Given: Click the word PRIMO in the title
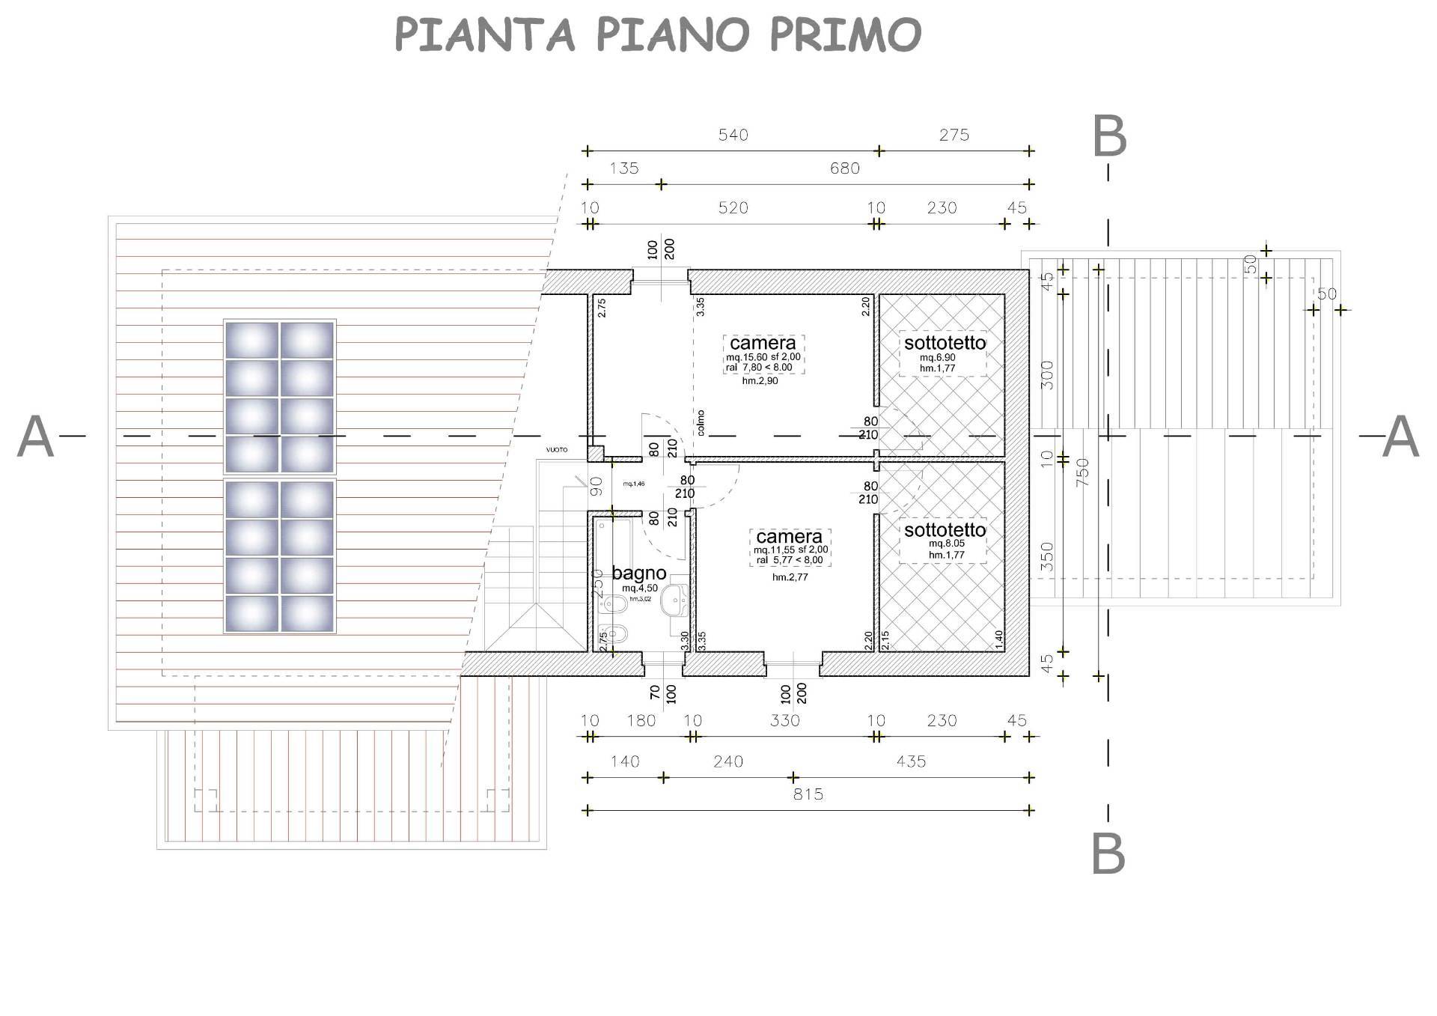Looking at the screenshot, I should pos(846,34).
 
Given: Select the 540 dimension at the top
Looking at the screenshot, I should pos(733,135).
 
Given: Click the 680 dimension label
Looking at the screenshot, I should pos(844,168).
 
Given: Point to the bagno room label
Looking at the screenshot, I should pos(638,574).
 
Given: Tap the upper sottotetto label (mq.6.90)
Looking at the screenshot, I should pos(945,344).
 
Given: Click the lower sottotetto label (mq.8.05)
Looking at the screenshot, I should pos(945,530).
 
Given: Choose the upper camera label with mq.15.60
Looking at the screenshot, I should pos(763,343).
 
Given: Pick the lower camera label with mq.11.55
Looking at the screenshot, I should pos(789,537).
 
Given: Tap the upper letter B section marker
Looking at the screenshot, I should pos(1109,136).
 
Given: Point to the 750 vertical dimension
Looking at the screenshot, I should pos(1082,472).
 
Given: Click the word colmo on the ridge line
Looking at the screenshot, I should pos(701,422).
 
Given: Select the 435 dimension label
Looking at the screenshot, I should pos(910,761).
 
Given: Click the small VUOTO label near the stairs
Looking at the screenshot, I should pos(556,450).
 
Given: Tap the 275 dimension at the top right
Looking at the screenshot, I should pos(954,135).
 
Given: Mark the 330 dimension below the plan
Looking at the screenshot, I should pos(784,720).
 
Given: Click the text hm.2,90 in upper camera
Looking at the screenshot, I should pos(760,381).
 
